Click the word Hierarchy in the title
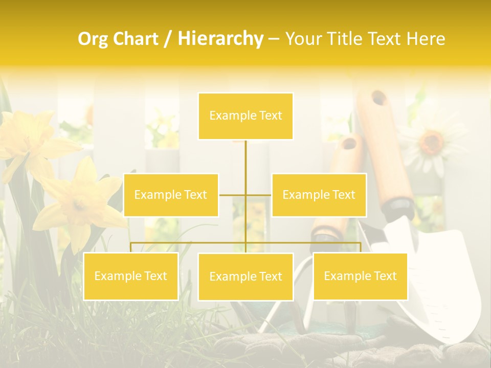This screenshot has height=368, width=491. coord(220,38)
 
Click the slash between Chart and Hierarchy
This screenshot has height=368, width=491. coord(168,39)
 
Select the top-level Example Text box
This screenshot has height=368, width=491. coord(245,116)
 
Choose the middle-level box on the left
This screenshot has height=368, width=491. coord(171,195)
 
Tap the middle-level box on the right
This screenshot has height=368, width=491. coord(319,195)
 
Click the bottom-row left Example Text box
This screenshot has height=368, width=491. coord(131,277)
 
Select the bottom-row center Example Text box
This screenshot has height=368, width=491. coord(245,277)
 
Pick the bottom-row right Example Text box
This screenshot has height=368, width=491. coord(360,276)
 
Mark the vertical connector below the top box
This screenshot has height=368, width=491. coord(245,164)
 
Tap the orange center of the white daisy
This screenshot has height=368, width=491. coord(432,140)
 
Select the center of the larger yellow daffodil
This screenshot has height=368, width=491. coord(79,204)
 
